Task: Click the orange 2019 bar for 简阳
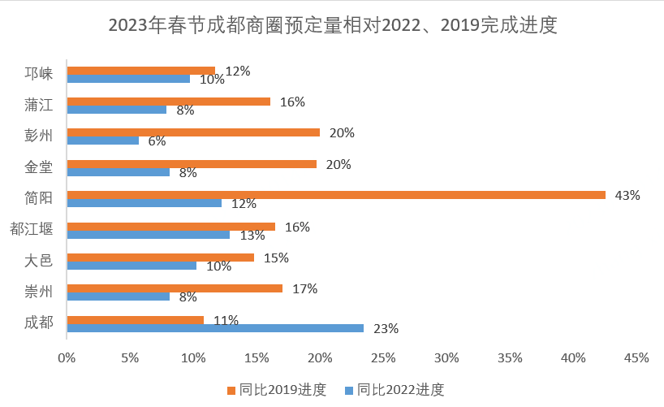(336, 195)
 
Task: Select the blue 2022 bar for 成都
(215, 328)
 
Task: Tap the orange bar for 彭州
(193, 132)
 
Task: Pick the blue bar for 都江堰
(149, 235)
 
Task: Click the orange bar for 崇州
(175, 288)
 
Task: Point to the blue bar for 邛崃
(128, 79)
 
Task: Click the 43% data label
(627, 195)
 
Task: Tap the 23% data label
(386, 329)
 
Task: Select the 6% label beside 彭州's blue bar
(157, 141)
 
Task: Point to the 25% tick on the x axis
(383, 357)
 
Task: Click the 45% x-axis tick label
(636, 357)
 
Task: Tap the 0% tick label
(67, 357)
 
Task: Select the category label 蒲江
(38, 104)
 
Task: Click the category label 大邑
(38, 260)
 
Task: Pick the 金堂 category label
(38, 167)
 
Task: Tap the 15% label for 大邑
(276, 258)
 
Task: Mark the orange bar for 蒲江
(168, 102)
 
